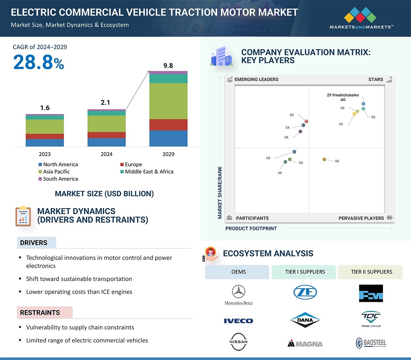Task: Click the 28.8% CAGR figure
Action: point(39,62)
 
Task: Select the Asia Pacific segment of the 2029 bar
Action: point(168,101)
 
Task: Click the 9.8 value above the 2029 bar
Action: point(168,66)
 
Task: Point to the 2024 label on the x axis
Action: point(106,154)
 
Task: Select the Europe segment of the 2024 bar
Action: point(106,135)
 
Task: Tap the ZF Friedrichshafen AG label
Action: point(343,97)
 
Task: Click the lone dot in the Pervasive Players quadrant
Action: point(324,160)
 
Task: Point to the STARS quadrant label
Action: point(376,79)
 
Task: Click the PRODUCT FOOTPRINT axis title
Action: point(251,228)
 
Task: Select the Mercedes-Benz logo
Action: point(239,295)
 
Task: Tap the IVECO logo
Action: point(239,321)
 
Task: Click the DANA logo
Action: point(305,320)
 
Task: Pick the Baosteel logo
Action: point(371,343)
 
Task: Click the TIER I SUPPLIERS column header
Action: point(305,272)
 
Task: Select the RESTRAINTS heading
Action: point(40,313)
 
